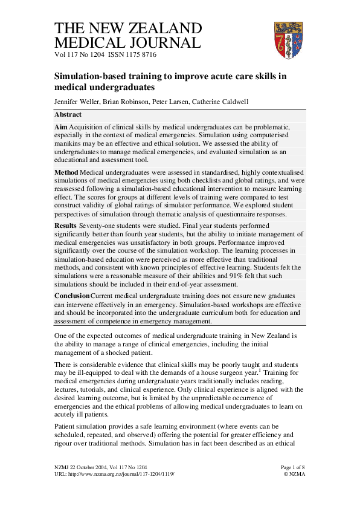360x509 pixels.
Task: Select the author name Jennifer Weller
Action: (76, 102)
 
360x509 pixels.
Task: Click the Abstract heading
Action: (68, 114)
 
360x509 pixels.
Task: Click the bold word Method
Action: (66, 173)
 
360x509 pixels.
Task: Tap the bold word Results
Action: (66, 225)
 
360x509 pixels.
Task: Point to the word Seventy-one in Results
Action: (98, 225)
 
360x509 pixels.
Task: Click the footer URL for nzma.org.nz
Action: (115, 474)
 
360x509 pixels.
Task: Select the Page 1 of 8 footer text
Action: (293, 467)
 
